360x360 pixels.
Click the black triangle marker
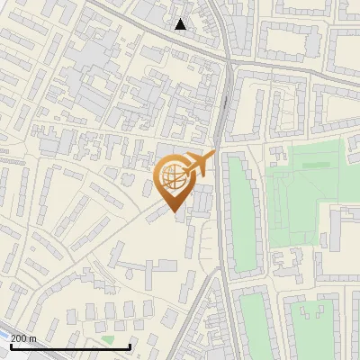[x=181, y=24]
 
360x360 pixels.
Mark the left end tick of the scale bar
[x=11, y=346]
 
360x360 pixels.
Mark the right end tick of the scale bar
[x=130, y=346]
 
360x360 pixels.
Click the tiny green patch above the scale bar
[x=108, y=339]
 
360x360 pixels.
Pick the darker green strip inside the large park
[x=315, y=166]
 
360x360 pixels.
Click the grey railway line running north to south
[x=224, y=108]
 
